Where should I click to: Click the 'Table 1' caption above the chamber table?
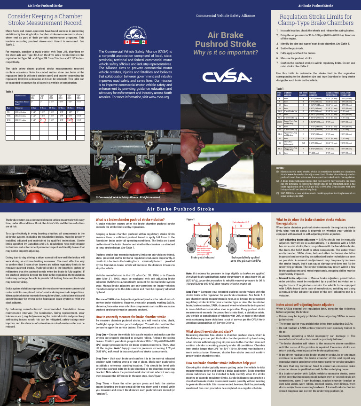(x=280, y=88)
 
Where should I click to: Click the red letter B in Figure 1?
(x=241, y=226)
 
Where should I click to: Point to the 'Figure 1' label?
(x=190, y=219)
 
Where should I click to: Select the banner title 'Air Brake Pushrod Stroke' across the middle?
(x=180, y=209)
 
